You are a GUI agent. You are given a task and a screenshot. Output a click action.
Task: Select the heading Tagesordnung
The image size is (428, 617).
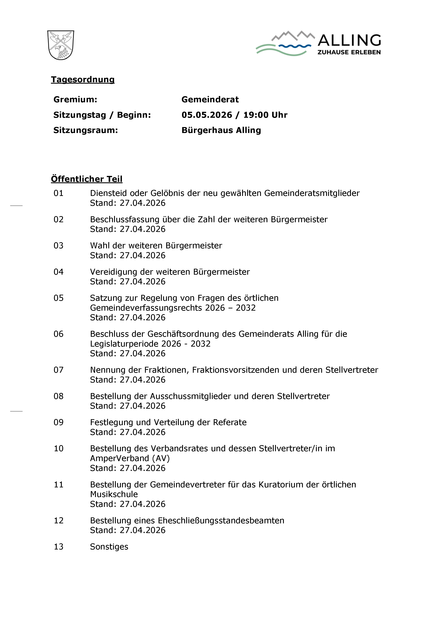tap(83, 80)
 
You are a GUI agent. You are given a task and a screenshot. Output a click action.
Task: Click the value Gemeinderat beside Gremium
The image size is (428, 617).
tap(210, 99)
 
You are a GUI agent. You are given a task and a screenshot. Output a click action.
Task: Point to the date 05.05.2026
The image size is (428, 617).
tap(207, 115)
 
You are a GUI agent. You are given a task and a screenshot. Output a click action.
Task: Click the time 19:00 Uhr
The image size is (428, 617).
tap(265, 115)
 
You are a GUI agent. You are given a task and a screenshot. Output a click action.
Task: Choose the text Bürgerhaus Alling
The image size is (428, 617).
tap(221, 130)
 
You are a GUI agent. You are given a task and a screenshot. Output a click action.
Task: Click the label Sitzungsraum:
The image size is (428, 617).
tap(86, 130)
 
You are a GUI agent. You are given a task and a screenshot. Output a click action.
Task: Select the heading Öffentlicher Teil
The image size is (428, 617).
tap(87, 179)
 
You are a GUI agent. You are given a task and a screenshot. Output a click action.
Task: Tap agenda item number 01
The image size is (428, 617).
tap(58, 193)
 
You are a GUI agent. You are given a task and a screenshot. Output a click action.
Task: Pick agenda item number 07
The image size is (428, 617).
tap(58, 370)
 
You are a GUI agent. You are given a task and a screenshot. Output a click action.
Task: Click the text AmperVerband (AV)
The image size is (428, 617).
tap(130, 458)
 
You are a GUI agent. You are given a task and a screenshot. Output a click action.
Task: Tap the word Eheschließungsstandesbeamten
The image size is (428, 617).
tap(221, 520)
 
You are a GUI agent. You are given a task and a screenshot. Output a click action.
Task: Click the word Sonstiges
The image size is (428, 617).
tap(109, 547)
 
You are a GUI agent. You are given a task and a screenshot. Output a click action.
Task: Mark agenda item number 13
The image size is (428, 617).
tap(58, 547)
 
